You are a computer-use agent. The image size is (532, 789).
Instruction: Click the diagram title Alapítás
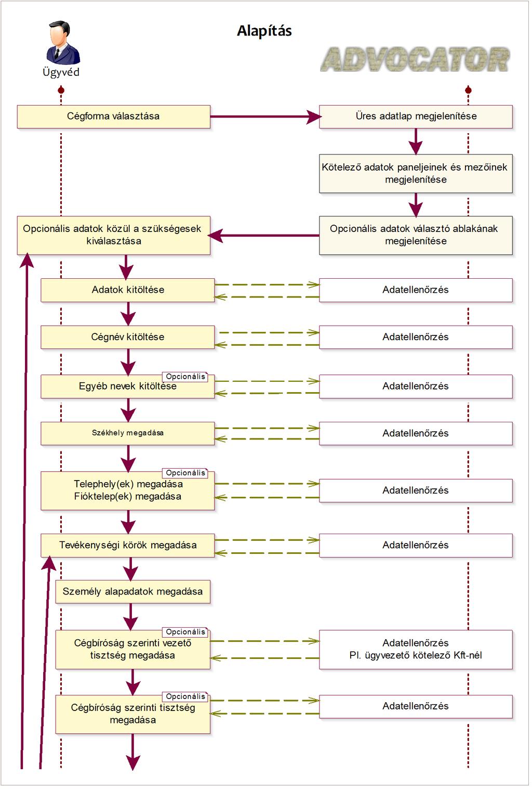click(264, 31)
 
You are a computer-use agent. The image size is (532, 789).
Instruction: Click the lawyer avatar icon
click(62, 42)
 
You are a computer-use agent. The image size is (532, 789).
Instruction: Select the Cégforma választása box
click(114, 117)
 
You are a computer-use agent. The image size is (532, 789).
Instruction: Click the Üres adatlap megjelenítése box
click(416, 117)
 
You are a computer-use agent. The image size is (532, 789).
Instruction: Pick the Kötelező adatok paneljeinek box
click(416, 173)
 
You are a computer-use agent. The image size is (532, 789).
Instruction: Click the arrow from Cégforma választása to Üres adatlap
click(265, 117)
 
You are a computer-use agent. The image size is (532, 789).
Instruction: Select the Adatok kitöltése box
click(128, 290)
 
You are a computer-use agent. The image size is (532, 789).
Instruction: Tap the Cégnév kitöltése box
click(128, 337)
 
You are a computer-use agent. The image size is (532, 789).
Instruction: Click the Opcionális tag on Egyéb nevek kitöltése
click(185, 377)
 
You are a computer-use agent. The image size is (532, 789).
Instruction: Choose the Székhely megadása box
click(128, 433)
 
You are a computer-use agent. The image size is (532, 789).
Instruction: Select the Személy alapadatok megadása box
click(132, 592)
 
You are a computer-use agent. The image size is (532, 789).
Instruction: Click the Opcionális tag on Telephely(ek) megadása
click(185, 473)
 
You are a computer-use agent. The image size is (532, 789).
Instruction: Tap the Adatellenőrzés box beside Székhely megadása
click(416, 433)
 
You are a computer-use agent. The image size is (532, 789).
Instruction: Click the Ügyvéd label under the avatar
click(61, 73)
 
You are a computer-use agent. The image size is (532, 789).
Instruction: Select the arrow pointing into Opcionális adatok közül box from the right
click(264, 235)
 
